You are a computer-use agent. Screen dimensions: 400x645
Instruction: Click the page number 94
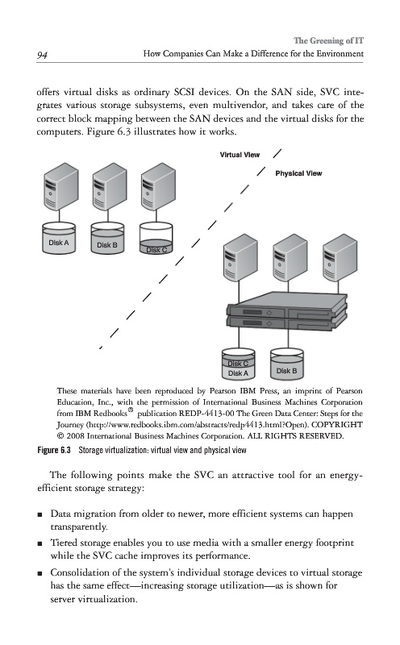click(x=42, y=55)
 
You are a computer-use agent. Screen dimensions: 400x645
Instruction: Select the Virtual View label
click(x=240, y=155)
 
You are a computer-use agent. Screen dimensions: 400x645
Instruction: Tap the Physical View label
click(x=298, y=173)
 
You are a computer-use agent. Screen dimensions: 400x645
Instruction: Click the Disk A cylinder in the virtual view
click(x=59, y=238)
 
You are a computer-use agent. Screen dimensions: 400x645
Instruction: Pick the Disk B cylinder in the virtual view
click(x=107, y=238)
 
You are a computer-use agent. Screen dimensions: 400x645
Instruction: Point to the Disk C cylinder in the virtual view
click(x=156, y=238)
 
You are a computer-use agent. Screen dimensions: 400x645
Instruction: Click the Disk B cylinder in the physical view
click(x=287, y=364)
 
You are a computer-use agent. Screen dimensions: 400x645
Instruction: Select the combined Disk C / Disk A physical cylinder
click(x=238, y=364)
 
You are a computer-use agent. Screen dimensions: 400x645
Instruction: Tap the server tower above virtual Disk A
click(x=61, y=186)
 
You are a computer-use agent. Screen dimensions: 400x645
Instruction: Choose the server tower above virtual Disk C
click(x=158, y=186)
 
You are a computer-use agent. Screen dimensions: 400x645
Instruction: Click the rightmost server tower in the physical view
click(x=340, y=258)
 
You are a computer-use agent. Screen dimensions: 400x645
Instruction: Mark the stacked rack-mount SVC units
click(x=287, y=311)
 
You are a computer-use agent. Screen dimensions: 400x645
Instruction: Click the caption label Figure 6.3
click(x=54, y=450)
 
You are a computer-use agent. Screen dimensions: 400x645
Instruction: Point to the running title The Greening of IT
click(x=328, y=40)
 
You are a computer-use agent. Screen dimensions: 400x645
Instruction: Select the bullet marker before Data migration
click(x=40, y=514)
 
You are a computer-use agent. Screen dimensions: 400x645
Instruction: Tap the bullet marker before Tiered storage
click(x=40, y=543)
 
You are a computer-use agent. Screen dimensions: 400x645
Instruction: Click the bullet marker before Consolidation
click(x=40, y=573)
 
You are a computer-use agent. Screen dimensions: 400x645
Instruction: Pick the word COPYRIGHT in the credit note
click(x=337, y=424)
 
